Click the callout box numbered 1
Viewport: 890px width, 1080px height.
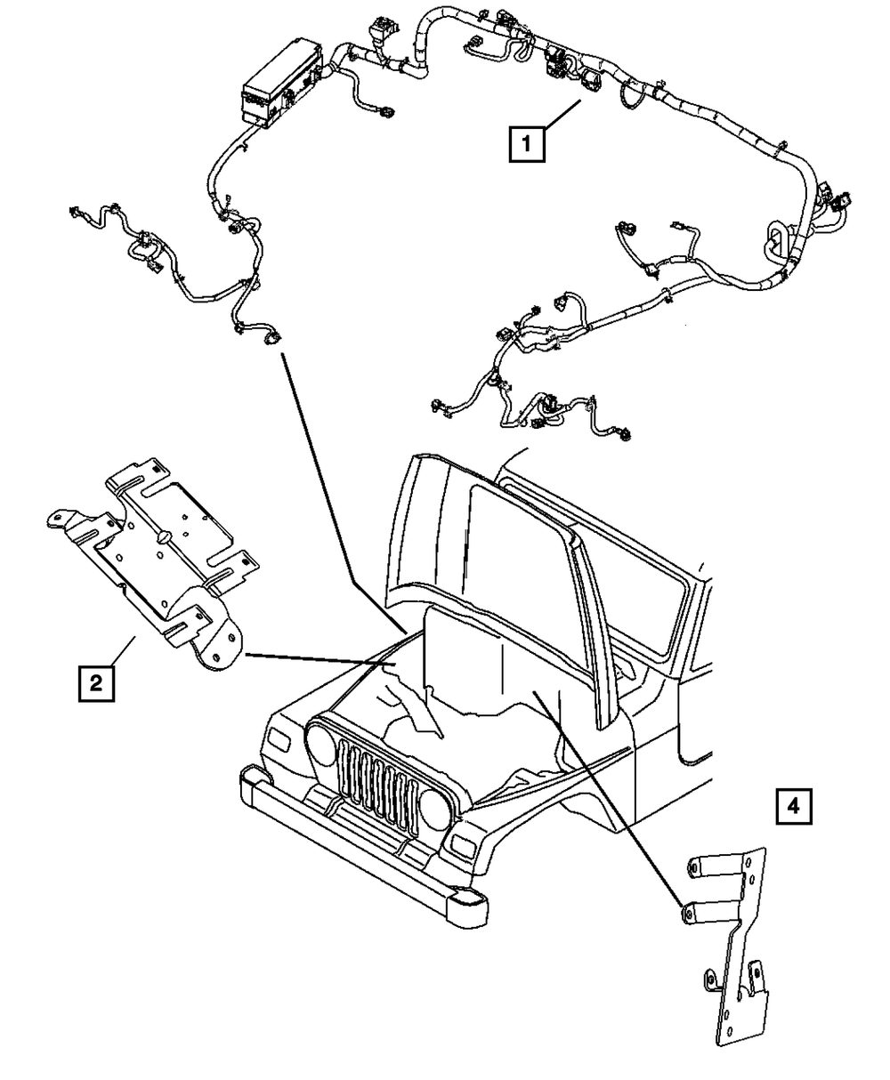(527, 143)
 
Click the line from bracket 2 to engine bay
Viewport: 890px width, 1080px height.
(320, 659)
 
